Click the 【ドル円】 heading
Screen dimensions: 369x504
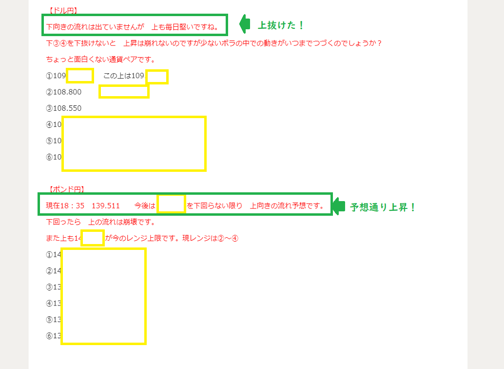tap(63, 10)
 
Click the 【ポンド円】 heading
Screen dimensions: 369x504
tap(67, 189)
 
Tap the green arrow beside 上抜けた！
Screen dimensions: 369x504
tap(245, 23)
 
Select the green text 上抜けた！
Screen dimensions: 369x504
tap(281, 25)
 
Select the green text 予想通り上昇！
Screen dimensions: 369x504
tap(383, 207)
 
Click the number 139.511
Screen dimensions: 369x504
tap(106, 205)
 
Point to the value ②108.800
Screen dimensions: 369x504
tap(64, 92)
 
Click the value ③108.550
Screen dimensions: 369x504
tap(64, 108)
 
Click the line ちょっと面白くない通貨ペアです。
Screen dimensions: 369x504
tap(100, 60)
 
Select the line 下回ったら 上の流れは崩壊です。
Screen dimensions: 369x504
tap(100, 222)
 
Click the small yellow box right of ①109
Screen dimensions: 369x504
tap(80, 76)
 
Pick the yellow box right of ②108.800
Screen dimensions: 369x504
tap(124, 91)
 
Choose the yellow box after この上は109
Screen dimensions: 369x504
tap(157, 77)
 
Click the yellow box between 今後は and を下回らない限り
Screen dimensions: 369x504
tap(171, 204)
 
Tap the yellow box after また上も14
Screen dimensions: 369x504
tap(92, 238)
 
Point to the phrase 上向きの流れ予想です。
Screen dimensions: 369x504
tap(288, 205)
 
